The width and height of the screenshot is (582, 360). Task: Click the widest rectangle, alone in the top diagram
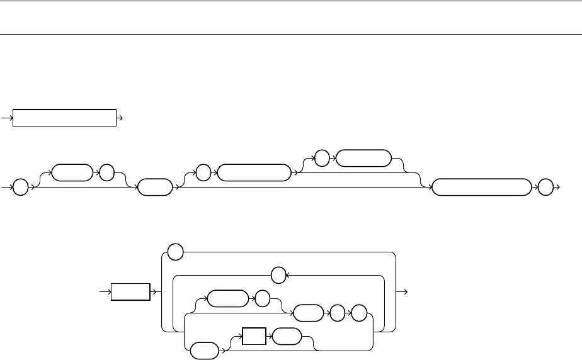pos(65,118)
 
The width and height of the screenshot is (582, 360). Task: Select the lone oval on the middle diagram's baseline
pos(154,188)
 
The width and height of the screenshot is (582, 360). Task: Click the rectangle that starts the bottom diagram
pos(130,293)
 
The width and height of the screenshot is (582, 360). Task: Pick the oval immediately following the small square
pos(286,337)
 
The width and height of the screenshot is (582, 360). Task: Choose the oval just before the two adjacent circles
pos(308,311)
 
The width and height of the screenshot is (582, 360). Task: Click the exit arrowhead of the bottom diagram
pos(406,293)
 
